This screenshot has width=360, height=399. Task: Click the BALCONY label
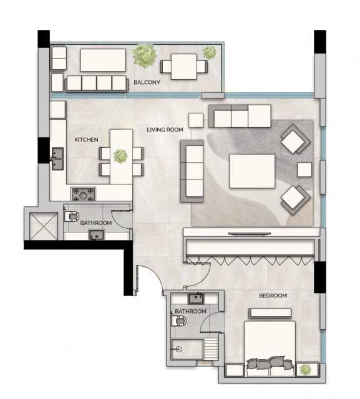pyautogui.click(x=147, y=82)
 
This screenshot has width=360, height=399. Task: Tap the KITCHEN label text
pyautogui.click(x=86, y=140)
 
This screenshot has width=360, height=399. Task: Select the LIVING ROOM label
pyautogui.click(x=165, y=130)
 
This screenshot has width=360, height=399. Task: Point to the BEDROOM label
pyautogui.click(x=273, y=296)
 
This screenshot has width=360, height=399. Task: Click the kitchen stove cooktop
pyautogui.click(x=83, y=195)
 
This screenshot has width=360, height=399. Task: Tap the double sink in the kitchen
pyautogui.click(x=57, y=159)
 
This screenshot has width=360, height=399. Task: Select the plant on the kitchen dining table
pyautogui.click(x=120, y=156)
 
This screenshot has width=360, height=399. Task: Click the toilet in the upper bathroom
pyautogui.click(x=71, y=216)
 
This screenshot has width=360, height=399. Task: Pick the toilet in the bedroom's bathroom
pyautogui.click(x=179, y=321)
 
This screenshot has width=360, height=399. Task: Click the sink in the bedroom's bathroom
pyautogui.click(x=196, y=298)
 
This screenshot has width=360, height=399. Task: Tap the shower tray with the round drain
pyautogui.click(x=187, y=349)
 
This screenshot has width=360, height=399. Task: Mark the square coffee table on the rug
pyautogui.click(x=252, y=171)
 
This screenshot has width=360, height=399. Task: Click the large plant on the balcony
pyautogui.click(x=144, y=56)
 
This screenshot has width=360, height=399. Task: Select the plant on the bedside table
pyautogui.click(x=305, y=370)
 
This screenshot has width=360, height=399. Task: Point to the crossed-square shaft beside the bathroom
pyautogui.click(x=44, y=226)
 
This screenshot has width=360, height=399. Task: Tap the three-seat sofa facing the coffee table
pyautogui.click(x=192, y=171)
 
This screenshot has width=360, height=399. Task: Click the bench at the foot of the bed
pyautogui.click(x=270, y=314)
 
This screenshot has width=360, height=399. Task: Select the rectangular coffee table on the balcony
pyautogui.click(x=103, y=60)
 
